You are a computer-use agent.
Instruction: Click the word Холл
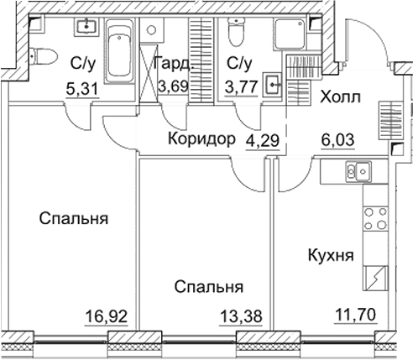click(x=342, y=97)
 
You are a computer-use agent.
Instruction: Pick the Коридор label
click(x=201, y=139)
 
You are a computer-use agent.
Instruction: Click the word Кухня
click(x=329, y=256)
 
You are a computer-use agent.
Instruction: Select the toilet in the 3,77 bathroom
click(x=236, y=36)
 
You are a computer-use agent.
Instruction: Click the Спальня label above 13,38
click(x=209, y=287)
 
